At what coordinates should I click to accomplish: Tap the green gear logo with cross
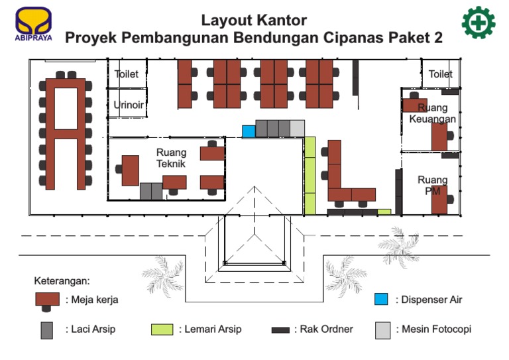pos(479,23)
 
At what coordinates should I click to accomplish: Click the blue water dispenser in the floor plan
pos(249,131)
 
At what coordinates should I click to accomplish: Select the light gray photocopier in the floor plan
pos(298,128)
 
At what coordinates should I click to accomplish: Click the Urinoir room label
pos(128,105)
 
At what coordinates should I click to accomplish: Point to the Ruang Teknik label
pos(171,158)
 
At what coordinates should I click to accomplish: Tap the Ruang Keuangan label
pos(433,113)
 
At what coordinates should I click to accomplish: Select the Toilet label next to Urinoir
pos(127,74)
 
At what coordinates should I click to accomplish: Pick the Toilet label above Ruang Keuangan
pos(440,74)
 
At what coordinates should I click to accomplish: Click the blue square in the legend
pos(381,299)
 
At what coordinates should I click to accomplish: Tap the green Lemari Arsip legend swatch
pos(162,330)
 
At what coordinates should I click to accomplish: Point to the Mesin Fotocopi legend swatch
pos(382,330)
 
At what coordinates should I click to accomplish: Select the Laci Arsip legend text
pos(92,329)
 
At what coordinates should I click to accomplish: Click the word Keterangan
pos(62,280)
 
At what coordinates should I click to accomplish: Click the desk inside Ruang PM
pos(439,200)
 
